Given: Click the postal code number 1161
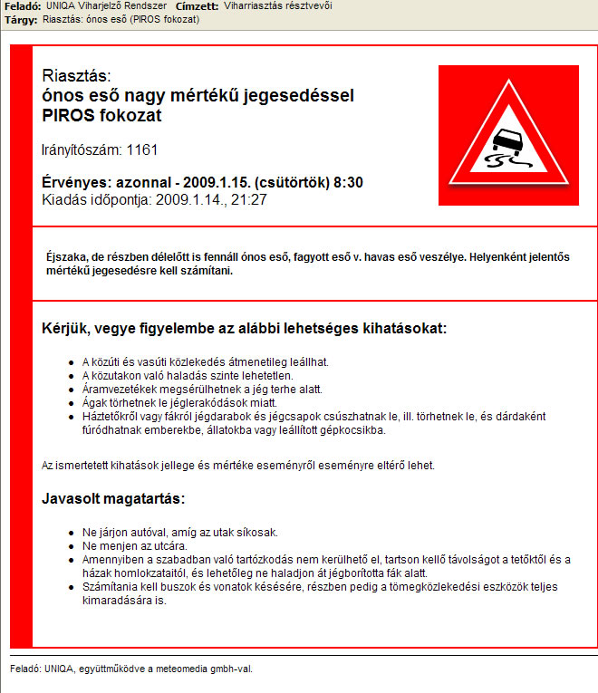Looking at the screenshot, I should coord(142,149).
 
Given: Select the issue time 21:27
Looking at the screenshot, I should coord(249,199).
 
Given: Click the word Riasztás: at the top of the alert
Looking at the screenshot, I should coord(76,76).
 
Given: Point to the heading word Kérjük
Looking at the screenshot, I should coord(69,327).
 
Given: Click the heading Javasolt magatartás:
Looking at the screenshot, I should coord(113,498).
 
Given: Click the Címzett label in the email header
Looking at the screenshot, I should coord(197,6).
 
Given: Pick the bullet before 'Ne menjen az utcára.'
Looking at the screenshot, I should coord(72,546).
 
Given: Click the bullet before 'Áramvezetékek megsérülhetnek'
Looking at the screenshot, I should coord(72,389).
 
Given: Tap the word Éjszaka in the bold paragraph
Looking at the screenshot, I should coord(68,256).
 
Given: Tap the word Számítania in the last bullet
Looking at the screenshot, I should coord(108,587).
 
